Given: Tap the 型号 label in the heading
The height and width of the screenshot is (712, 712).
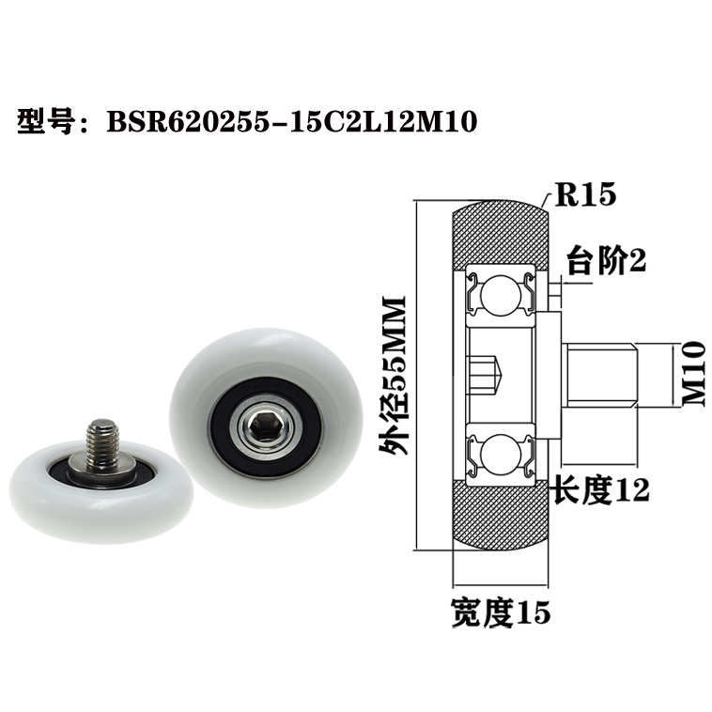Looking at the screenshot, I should (45, 122).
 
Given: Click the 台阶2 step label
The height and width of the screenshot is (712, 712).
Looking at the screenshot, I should (607, 262).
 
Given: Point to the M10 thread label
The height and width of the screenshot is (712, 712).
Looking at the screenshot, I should (693, 373).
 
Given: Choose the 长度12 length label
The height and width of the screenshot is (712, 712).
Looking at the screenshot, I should (599, 488).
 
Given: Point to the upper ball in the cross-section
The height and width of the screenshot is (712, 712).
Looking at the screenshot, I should (495, 295).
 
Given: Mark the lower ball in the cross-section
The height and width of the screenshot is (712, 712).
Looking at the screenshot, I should (495, 455).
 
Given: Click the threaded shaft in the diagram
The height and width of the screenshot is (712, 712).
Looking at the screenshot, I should (601, 375).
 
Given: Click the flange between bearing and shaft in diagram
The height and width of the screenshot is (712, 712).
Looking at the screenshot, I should (549, 375).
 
